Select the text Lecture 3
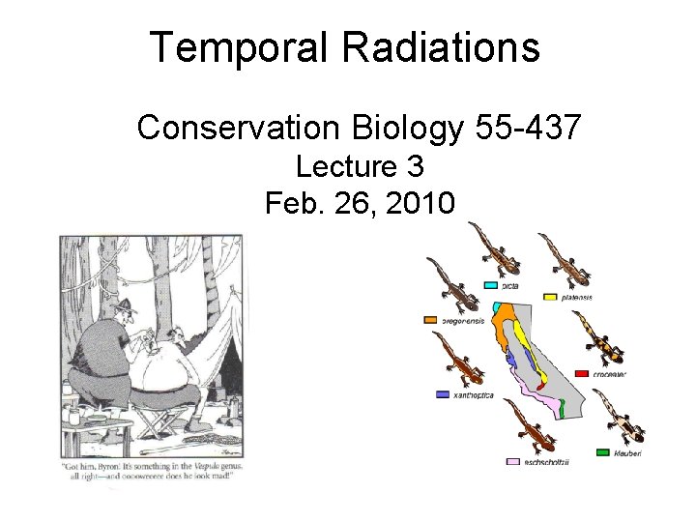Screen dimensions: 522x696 pyautogui.click(x=360, y=167)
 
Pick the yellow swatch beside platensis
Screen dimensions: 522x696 pyautogui.click(x=550, y=297)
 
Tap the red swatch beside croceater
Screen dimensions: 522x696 pyautogui.click(x=582, y=373)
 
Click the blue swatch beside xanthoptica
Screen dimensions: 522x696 pyautogui.click(x=443, y=395)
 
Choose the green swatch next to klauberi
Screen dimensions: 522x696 pyautogui.click(x=603, y=451)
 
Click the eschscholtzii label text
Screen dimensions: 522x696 pyautogui.click(x=547, y=462)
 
